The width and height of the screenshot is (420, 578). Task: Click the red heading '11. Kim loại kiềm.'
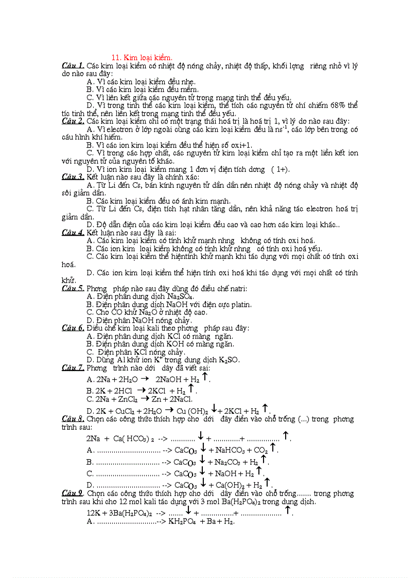point(142,58)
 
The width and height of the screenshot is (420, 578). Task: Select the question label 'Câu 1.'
point(73,65)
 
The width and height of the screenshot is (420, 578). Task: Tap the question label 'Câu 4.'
point(73,233)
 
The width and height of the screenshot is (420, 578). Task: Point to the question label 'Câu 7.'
point(73,367)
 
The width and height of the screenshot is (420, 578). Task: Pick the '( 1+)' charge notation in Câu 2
point(280,169)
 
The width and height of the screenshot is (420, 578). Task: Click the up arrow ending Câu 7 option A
point(204,377)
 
